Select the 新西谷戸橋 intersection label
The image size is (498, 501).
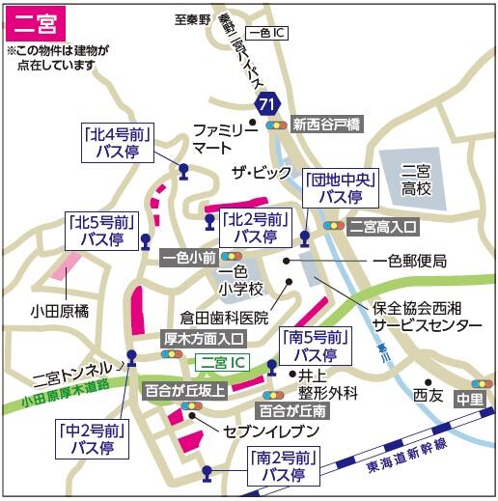coord(326,124)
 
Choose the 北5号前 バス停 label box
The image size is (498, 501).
coord(102,230)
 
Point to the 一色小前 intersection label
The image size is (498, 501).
coord(189,258)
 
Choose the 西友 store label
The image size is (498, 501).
coord(426,394)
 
